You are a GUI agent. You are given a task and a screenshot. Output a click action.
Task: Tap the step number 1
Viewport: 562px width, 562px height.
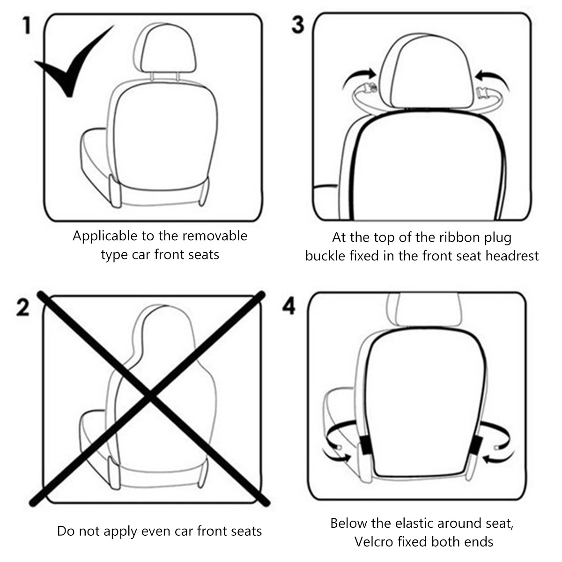27,25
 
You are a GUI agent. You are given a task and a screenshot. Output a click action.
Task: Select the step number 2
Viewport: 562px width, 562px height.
23,307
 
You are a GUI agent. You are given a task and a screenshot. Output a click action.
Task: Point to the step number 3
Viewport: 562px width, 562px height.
298,25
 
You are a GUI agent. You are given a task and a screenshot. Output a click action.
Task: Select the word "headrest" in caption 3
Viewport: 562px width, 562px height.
512,256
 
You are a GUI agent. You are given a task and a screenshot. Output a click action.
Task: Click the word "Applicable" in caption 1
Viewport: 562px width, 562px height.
105,236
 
